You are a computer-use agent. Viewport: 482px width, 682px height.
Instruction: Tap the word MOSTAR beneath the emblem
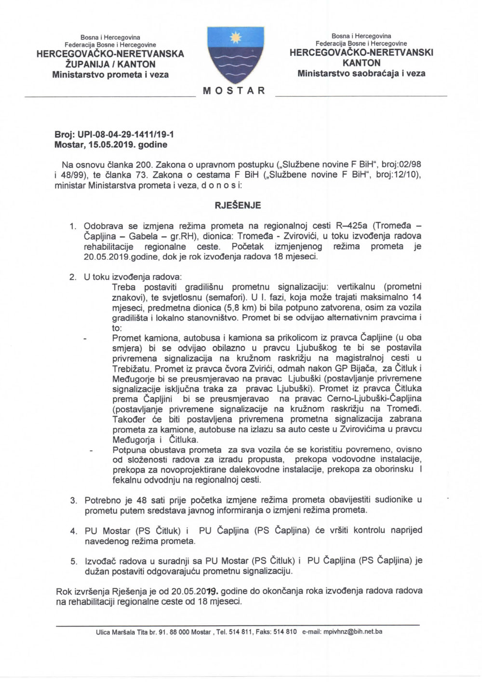(234, 91)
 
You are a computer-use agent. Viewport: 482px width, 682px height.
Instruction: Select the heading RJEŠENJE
(238, 205)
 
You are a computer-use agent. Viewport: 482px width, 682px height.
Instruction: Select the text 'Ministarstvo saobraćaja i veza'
(361, 74)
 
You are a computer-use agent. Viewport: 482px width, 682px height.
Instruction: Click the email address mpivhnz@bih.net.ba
(353, 631)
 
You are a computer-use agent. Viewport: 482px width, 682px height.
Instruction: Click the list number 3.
(73, 500)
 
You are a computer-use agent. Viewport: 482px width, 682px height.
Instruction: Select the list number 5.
(73, 561)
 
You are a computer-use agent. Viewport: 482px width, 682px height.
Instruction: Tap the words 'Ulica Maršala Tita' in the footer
(120, 632)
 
